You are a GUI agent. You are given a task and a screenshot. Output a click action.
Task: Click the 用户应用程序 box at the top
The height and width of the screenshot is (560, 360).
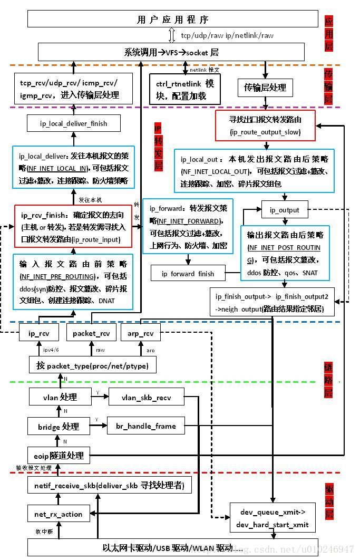pos(172,20)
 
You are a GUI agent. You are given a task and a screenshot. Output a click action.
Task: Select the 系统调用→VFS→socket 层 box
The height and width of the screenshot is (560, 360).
pos(171,52)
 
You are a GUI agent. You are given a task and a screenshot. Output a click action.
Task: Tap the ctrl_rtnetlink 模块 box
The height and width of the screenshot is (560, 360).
pos(184,90)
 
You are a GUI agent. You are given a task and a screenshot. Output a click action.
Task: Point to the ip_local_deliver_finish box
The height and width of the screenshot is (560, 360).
pos(74,123)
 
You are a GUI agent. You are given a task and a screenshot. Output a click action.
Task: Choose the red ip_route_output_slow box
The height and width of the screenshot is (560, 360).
pos(265,125)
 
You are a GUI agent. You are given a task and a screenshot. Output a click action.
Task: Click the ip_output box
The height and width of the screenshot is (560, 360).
pos(285,210)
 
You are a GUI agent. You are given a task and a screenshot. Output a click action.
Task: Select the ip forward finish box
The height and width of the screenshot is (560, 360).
pos(188,273)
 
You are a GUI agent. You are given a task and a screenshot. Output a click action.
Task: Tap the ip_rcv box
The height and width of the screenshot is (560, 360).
pos(38,333)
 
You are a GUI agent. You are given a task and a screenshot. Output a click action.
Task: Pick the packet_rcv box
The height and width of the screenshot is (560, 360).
pos(91,333)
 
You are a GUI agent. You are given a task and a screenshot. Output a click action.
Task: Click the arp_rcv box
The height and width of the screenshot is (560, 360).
pos(140,333)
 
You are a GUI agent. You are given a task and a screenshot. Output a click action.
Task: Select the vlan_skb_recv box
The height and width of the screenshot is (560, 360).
pos(147,397)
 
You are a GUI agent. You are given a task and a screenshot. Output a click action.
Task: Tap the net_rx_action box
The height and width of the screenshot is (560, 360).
pos(59,514)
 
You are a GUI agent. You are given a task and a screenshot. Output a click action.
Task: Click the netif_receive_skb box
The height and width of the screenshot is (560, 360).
pos(109,485)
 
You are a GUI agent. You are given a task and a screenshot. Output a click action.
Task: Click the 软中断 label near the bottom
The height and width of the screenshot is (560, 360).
pos(44,531)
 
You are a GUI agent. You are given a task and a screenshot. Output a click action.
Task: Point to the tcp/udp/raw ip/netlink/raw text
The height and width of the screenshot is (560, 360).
pos(227,35)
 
